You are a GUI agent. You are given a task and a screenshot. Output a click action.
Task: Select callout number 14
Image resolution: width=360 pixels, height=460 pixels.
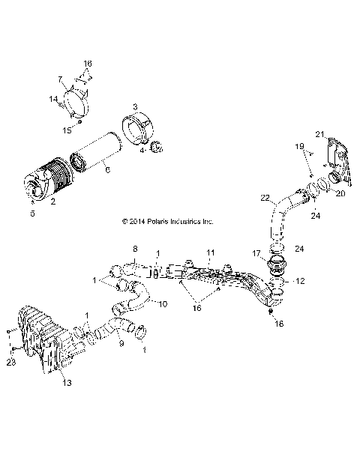(54, 99)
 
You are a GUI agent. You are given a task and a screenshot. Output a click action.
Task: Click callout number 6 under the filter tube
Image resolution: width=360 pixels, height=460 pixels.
(108, 171)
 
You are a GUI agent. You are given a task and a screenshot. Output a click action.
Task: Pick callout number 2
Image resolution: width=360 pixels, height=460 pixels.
(53, 202)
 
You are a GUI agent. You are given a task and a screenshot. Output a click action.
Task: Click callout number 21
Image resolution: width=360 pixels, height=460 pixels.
(319, 134)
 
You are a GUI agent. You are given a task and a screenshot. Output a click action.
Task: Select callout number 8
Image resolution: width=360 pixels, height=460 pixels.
(136, 248)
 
